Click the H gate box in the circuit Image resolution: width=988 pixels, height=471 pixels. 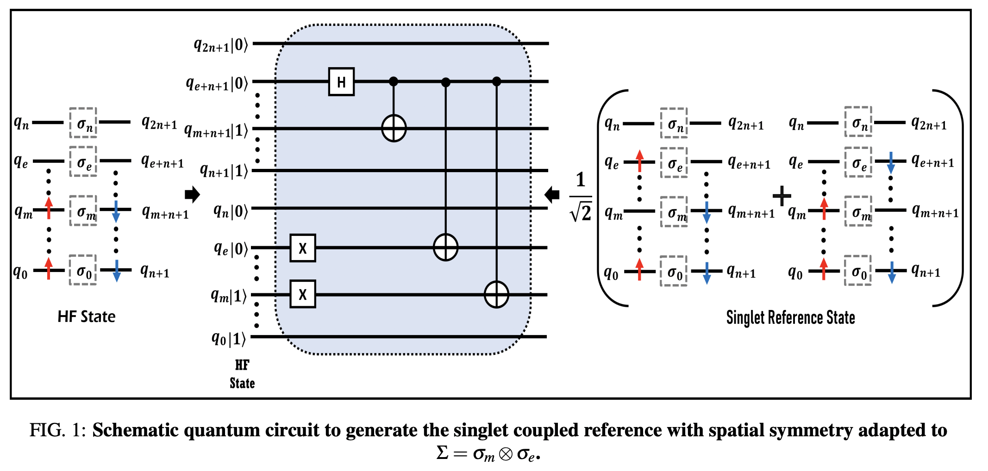pos(341,82)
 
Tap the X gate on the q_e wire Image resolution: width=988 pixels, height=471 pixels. pos(303,248)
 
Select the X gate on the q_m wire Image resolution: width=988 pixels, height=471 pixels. pos(303,294)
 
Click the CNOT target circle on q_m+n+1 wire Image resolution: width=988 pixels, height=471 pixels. pos(394,128)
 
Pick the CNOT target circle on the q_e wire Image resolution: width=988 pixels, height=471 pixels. pos(445,248)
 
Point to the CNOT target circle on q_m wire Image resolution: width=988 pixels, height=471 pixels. pos(496,294)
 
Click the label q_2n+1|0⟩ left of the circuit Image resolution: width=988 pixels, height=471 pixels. pos(221,45)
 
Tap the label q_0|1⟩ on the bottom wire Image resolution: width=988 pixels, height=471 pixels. pos(229,339)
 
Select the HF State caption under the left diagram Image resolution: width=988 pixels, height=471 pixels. pos(87,316)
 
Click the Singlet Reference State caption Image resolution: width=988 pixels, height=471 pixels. pos(790,317)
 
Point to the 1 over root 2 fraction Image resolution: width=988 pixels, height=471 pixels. pos(581,197)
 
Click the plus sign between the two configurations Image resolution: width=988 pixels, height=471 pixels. pos(782,196)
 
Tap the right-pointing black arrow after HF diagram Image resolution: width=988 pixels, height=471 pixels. pos(192,194)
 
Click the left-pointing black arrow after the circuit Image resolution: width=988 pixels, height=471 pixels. pos(552,194)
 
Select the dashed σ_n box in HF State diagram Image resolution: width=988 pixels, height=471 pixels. pos(83,123)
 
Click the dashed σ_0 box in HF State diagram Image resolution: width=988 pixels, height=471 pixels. pos(83,270)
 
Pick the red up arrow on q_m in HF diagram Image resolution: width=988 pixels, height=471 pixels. pos(49,208)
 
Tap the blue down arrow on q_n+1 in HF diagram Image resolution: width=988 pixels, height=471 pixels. pos(117,271)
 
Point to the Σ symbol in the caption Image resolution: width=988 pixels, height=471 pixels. pos(442,452)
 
